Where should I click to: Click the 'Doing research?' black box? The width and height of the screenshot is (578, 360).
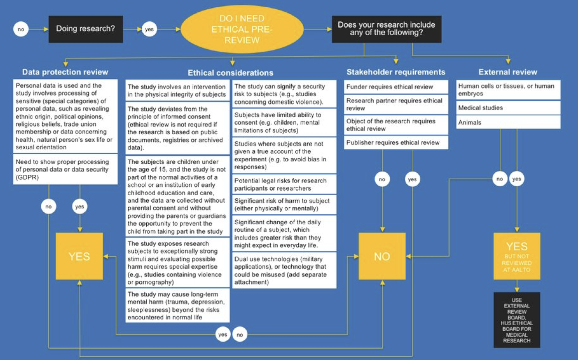86,29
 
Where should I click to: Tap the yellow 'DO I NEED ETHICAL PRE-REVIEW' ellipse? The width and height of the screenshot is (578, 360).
242,29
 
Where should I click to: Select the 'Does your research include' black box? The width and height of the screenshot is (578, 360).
386,29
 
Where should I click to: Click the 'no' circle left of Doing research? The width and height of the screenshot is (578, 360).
21,29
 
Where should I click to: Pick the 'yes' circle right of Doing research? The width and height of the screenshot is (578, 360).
149,29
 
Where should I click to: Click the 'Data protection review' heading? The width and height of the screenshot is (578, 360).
65,72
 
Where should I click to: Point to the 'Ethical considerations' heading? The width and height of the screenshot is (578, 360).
230,73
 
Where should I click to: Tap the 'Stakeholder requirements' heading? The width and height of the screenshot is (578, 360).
396,72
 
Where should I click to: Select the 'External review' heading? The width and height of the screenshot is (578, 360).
508,72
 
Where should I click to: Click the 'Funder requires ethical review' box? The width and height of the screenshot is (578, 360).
396,87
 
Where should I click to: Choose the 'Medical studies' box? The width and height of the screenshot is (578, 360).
508,108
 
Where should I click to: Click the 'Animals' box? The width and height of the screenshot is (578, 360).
508,122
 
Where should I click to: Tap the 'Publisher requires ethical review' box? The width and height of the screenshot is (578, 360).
396,142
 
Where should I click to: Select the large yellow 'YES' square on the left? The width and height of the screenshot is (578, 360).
79,256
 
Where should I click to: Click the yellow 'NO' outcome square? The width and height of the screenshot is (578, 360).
382,256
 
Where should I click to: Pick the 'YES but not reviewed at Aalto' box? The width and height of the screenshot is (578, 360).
517,256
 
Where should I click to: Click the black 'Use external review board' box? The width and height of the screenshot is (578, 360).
517,320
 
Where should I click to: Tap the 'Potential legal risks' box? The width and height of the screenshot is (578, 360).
284,184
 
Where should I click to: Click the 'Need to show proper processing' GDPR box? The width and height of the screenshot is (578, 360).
65,169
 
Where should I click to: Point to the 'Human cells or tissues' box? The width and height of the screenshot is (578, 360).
508,90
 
